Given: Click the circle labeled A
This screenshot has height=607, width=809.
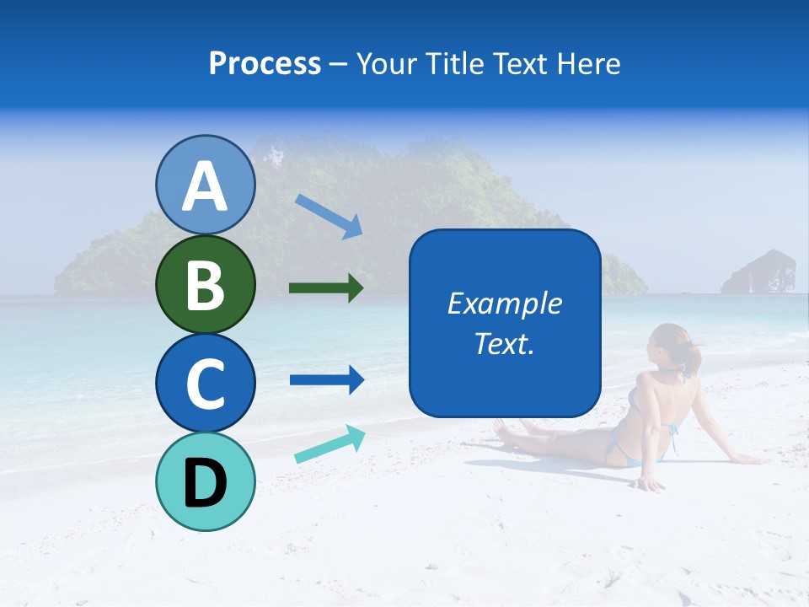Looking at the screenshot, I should pyautogui.click(x=206, y=185).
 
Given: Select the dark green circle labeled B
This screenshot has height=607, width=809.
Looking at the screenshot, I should pyautogui.click(x=206, y=284).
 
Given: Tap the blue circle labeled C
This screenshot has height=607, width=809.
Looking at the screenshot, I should pyautogui.click(x=206, y=383).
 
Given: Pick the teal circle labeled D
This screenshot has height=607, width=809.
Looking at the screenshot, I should pyautogui.click(x=206, y=481).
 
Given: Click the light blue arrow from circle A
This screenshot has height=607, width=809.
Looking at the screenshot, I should pyautogui.click(x=328, y=216).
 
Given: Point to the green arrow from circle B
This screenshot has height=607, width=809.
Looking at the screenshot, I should pyautogui.click(x=326, y=288).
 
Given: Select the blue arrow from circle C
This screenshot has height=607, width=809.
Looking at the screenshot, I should pyautogui.click(x=326, y=380).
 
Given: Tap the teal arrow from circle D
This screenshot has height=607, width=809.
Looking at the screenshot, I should pyautogui.click(x=329, y=444).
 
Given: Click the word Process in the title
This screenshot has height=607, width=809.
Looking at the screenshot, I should pyautogui.click(x=265, y=63).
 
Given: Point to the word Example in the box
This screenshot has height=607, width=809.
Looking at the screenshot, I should pyautogui.click(x=504, y=303).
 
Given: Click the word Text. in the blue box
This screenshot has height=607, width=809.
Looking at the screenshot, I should pyautogui.click(x=504, y=343).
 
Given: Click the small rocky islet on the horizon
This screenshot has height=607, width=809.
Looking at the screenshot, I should pyautogui.click(x=758, y=271).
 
